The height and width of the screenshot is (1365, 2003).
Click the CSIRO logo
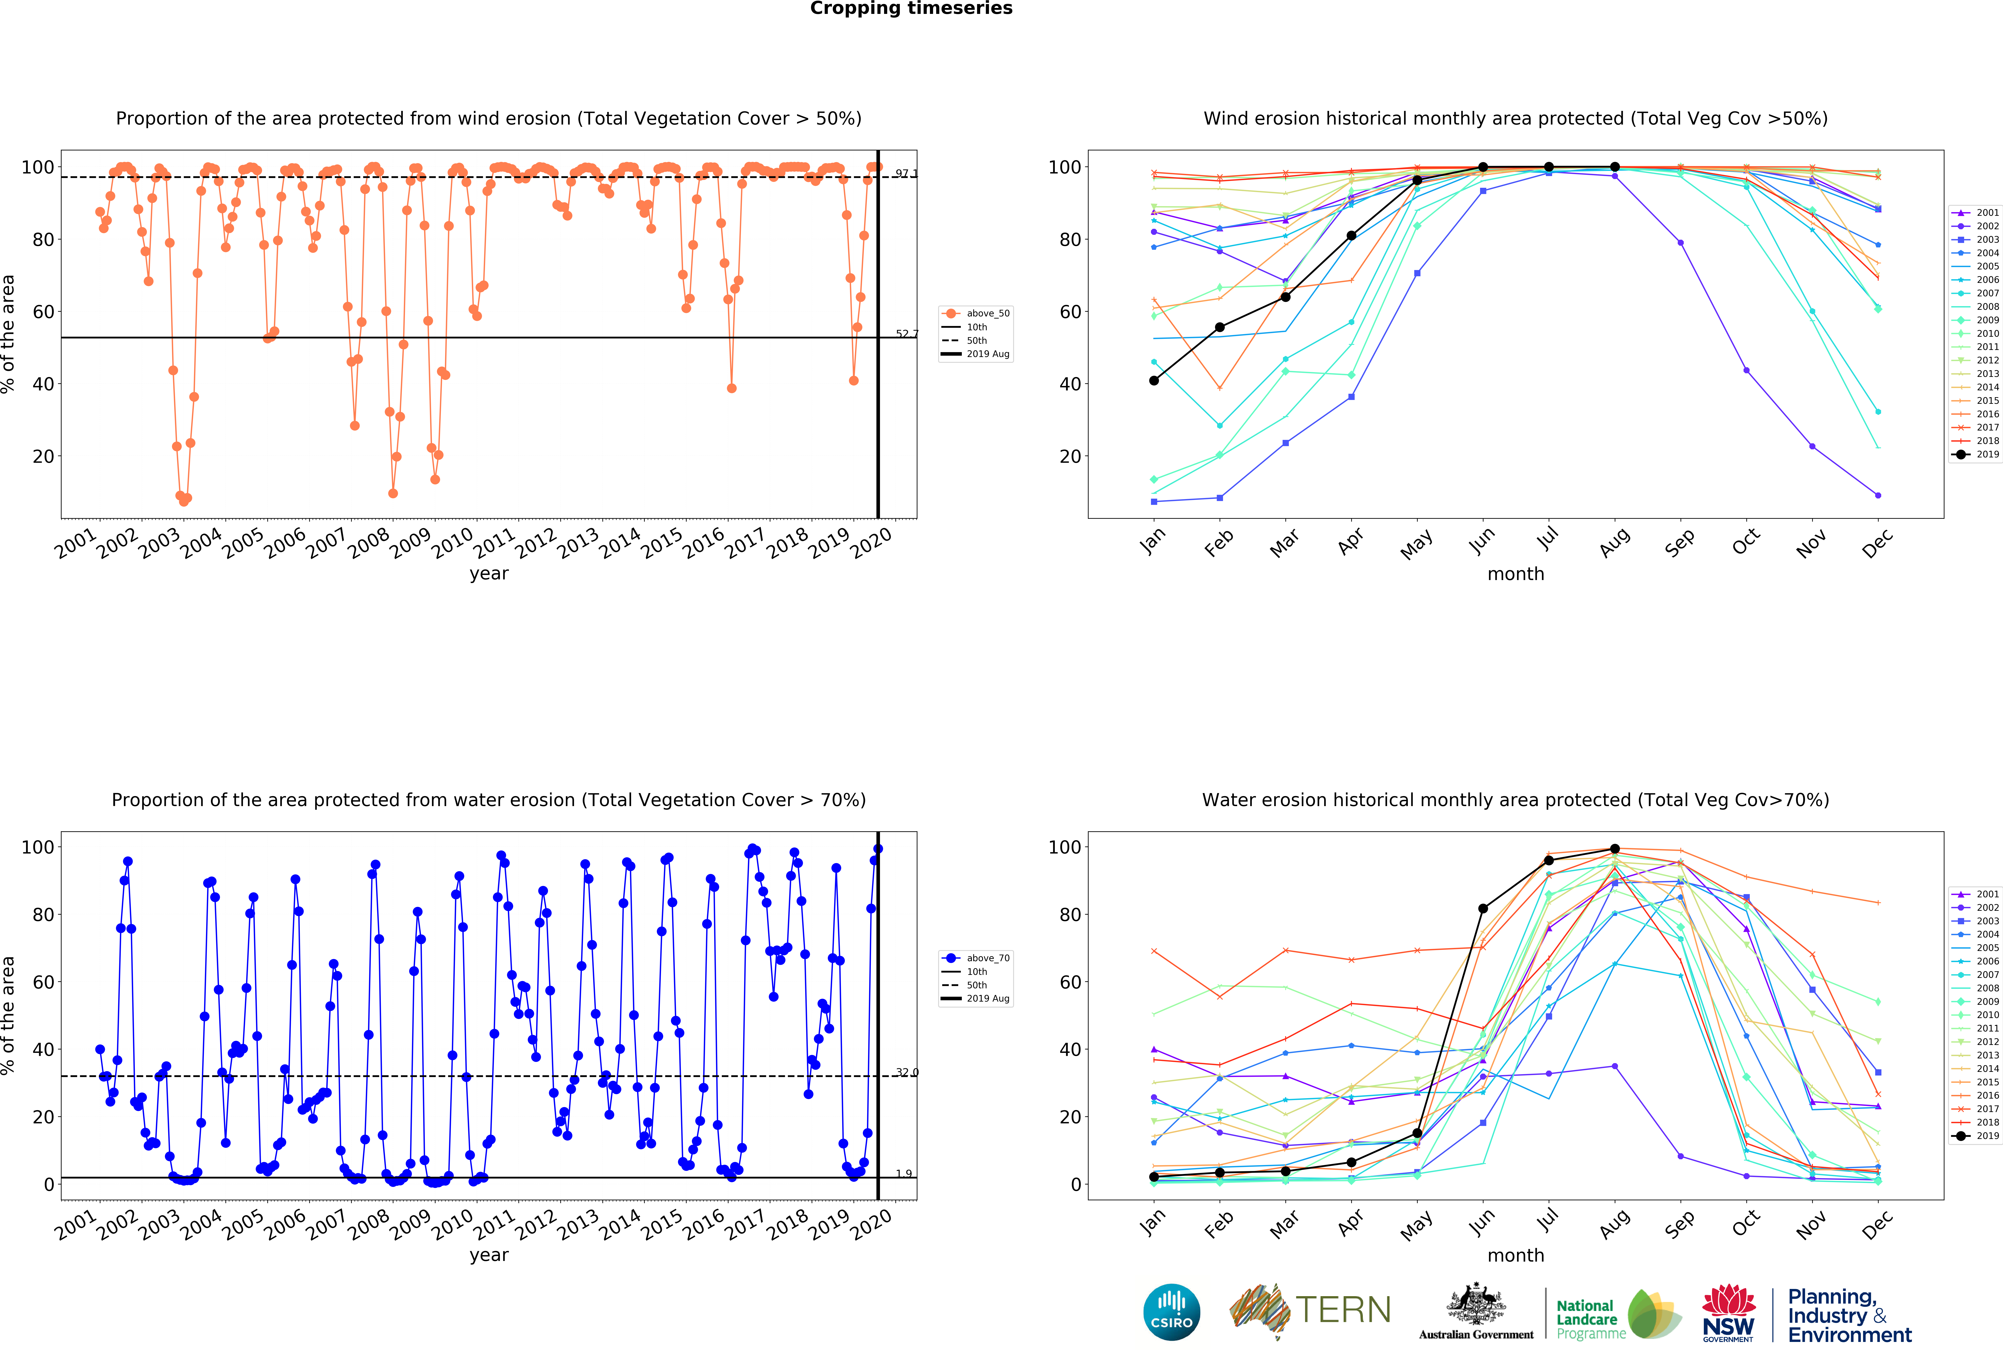(1171, 1312)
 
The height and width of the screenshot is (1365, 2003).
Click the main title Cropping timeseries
(911, 9)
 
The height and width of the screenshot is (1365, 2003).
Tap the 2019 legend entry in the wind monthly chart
(1975, 454)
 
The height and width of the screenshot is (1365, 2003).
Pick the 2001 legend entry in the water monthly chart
(1975, 895)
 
